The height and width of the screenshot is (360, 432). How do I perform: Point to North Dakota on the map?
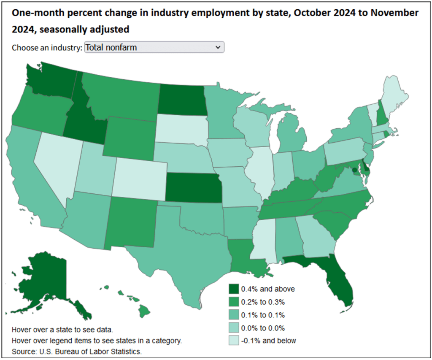[x=182, y=99]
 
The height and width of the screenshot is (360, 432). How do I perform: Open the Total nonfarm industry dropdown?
[x=154, y=47]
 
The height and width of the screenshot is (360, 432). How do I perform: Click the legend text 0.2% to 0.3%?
[x=263, y=302]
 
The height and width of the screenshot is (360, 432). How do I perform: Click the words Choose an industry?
[x=47, y=48]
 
